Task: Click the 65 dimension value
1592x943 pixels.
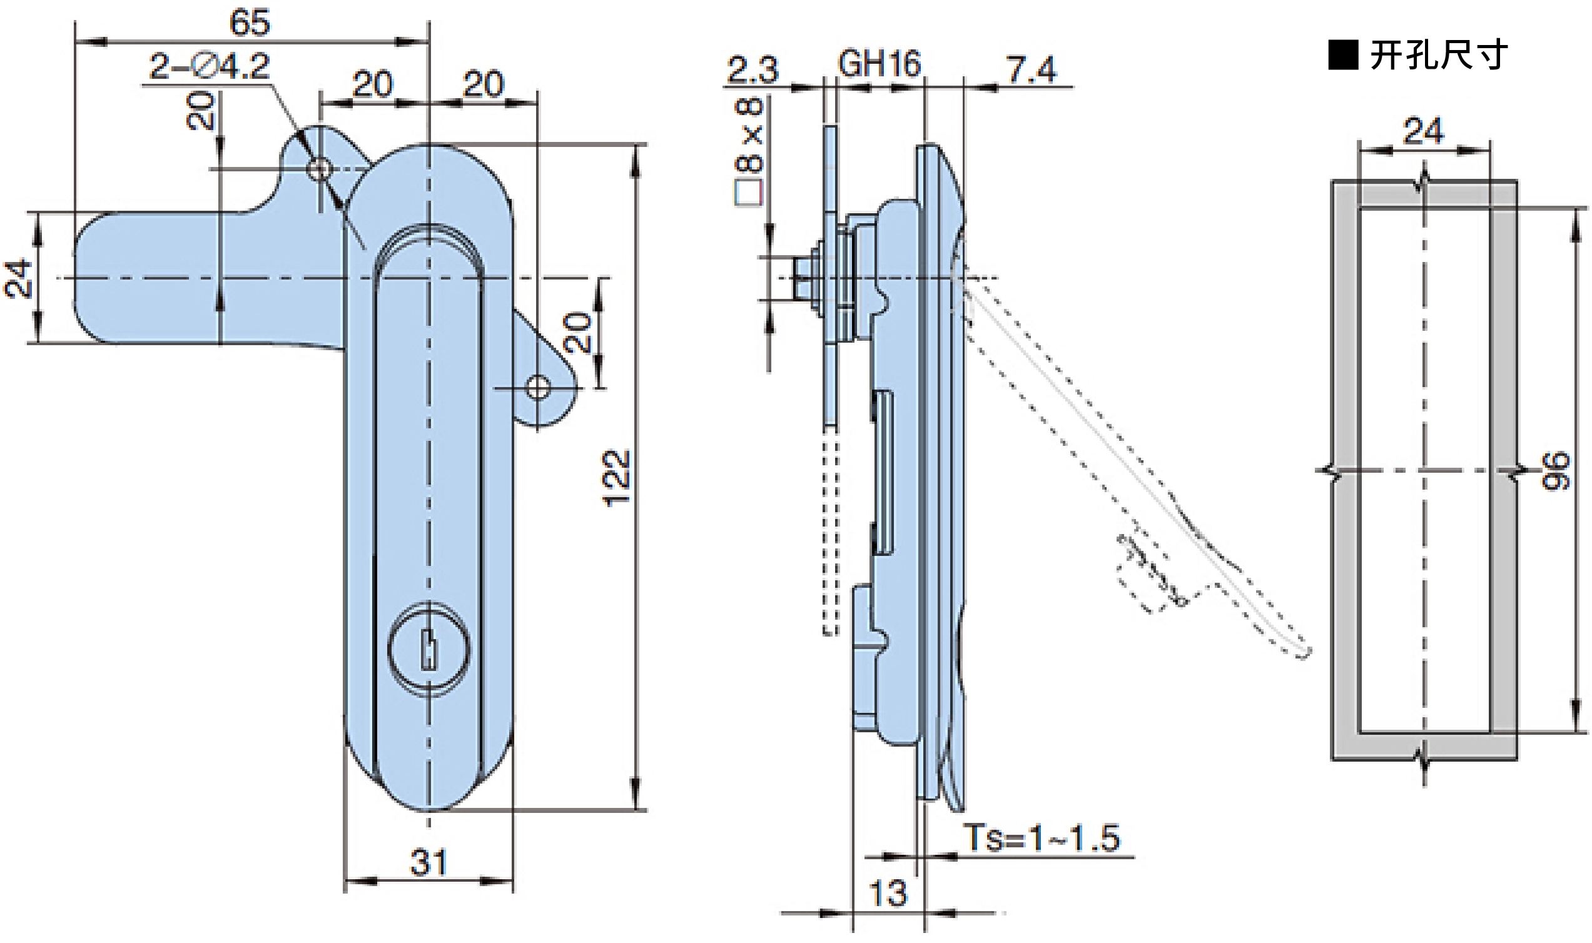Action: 249,23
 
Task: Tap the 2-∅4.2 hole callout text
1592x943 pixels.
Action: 209,66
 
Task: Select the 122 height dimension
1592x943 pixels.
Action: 615,478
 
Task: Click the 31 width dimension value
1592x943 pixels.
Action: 428,862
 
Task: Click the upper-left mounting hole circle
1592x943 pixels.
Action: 319,169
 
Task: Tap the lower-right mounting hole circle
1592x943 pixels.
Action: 538,387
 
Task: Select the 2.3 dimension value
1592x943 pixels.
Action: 753,69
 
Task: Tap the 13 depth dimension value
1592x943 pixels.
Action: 887,894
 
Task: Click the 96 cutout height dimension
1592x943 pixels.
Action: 1556,471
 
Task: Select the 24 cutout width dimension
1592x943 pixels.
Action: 1423,131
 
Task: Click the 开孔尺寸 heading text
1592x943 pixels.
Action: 1438,55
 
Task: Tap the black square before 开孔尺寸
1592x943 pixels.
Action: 1343,55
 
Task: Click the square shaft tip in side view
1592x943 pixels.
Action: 802,278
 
